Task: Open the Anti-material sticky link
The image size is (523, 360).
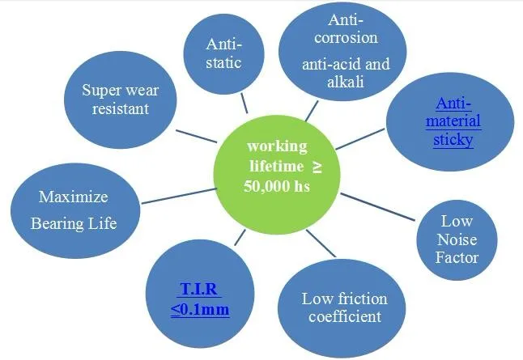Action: [x=458, y=121]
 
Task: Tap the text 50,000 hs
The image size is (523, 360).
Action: [x=275, y=185]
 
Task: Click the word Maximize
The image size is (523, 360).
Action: [x=73, y=197]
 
